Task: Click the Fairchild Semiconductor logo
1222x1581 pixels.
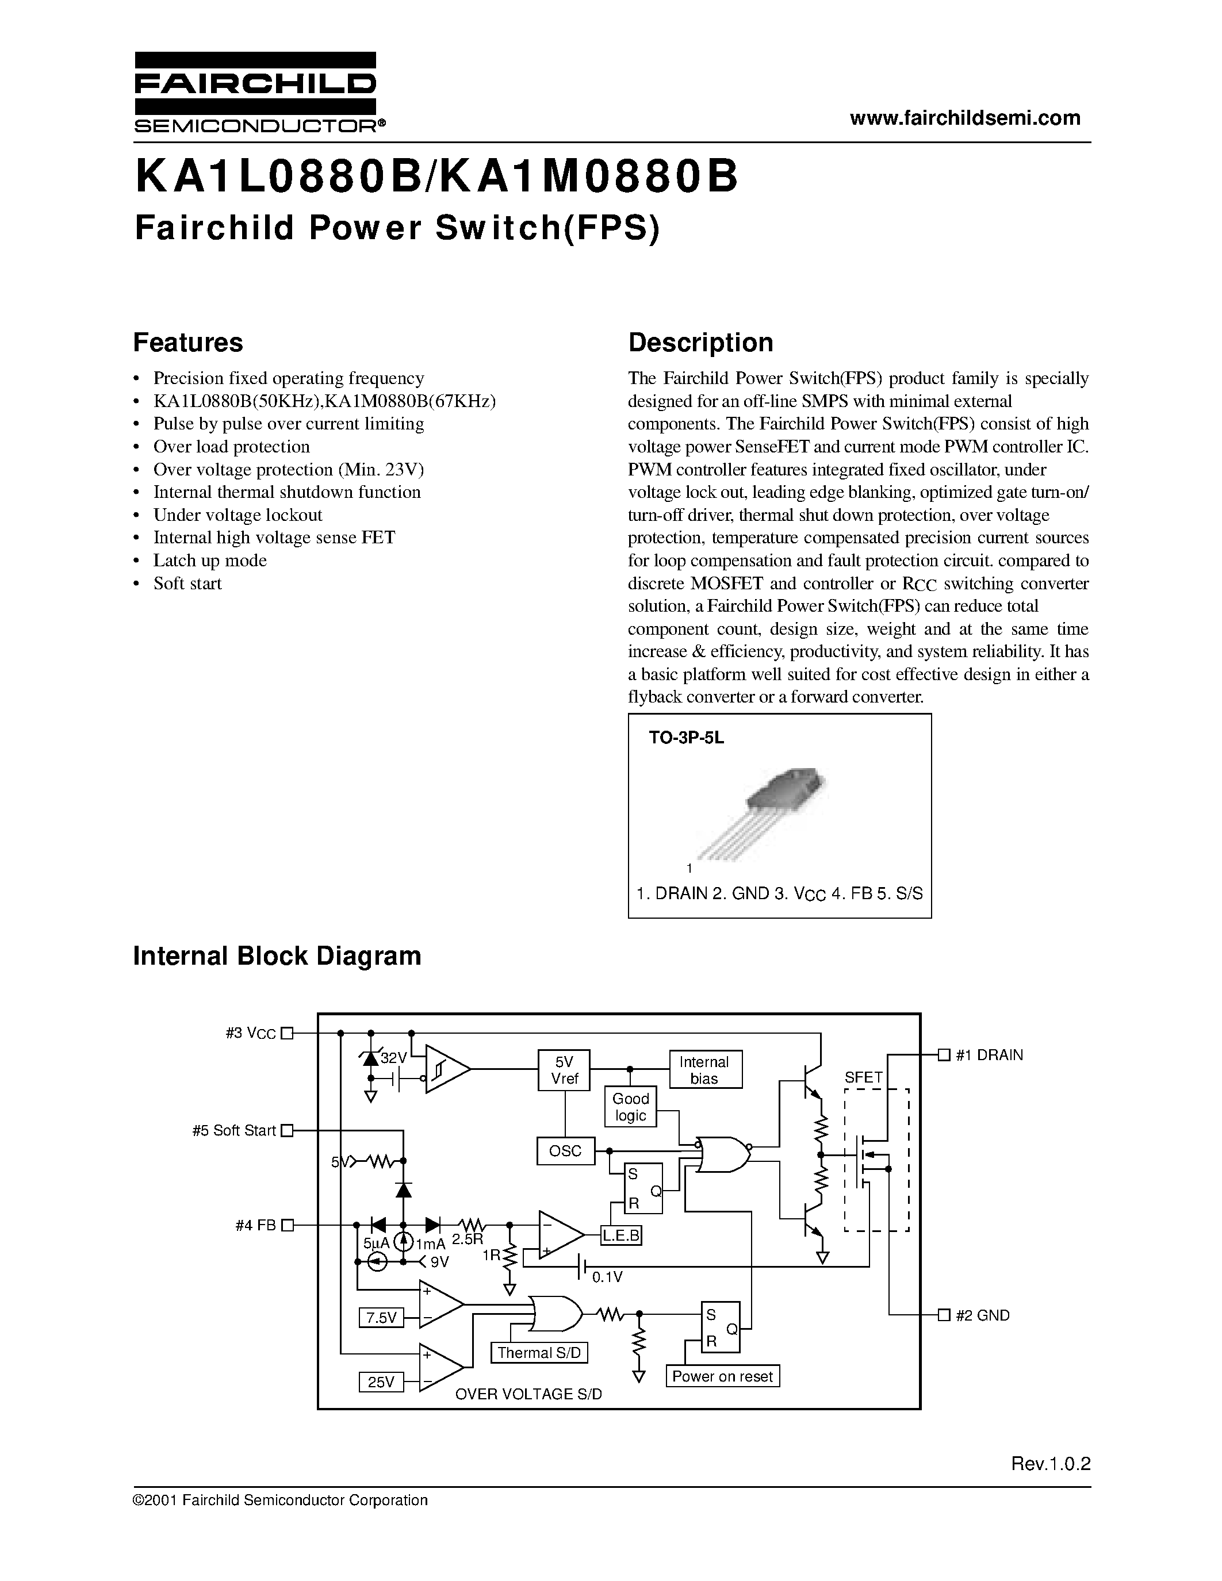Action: point(255,93)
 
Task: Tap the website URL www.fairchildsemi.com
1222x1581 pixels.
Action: point(965,118)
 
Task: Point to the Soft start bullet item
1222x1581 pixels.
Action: point(187,584)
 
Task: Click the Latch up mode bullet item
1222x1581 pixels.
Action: point(210,561)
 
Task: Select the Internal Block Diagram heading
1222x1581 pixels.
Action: point(277,955)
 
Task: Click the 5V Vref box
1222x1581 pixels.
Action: point(564,1070)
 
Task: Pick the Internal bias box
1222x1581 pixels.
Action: point(704,1070)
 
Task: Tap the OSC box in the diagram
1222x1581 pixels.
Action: point(565,1151)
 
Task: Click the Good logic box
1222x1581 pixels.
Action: point(630,1107)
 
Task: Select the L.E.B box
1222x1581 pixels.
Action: point(621,1235)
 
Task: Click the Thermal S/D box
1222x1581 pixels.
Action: point(539,1353)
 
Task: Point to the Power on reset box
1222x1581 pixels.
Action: point(722,1376)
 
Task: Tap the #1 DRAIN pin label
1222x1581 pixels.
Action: point(989,1055)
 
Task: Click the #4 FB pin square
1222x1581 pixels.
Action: point(288,1226)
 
